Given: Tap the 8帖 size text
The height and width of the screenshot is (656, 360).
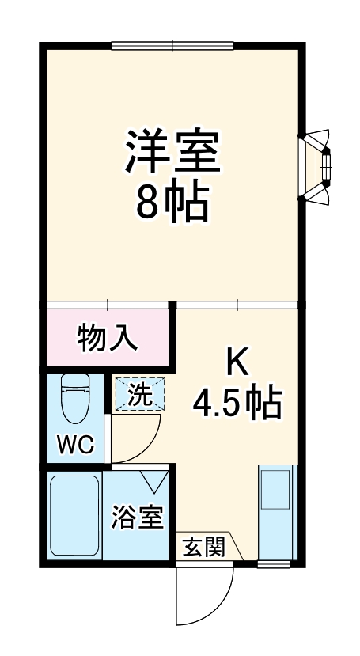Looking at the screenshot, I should pos(172,203).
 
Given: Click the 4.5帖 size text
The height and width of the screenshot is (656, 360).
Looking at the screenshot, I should pos(237,404).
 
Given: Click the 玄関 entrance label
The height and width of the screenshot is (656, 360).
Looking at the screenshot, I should pos(203,546).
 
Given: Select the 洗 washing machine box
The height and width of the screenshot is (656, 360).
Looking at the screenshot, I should pos(140,394).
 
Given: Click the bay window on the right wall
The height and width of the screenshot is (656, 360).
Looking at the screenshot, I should pos(316,167).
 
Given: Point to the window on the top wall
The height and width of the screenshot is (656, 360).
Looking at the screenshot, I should pos(172,45).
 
